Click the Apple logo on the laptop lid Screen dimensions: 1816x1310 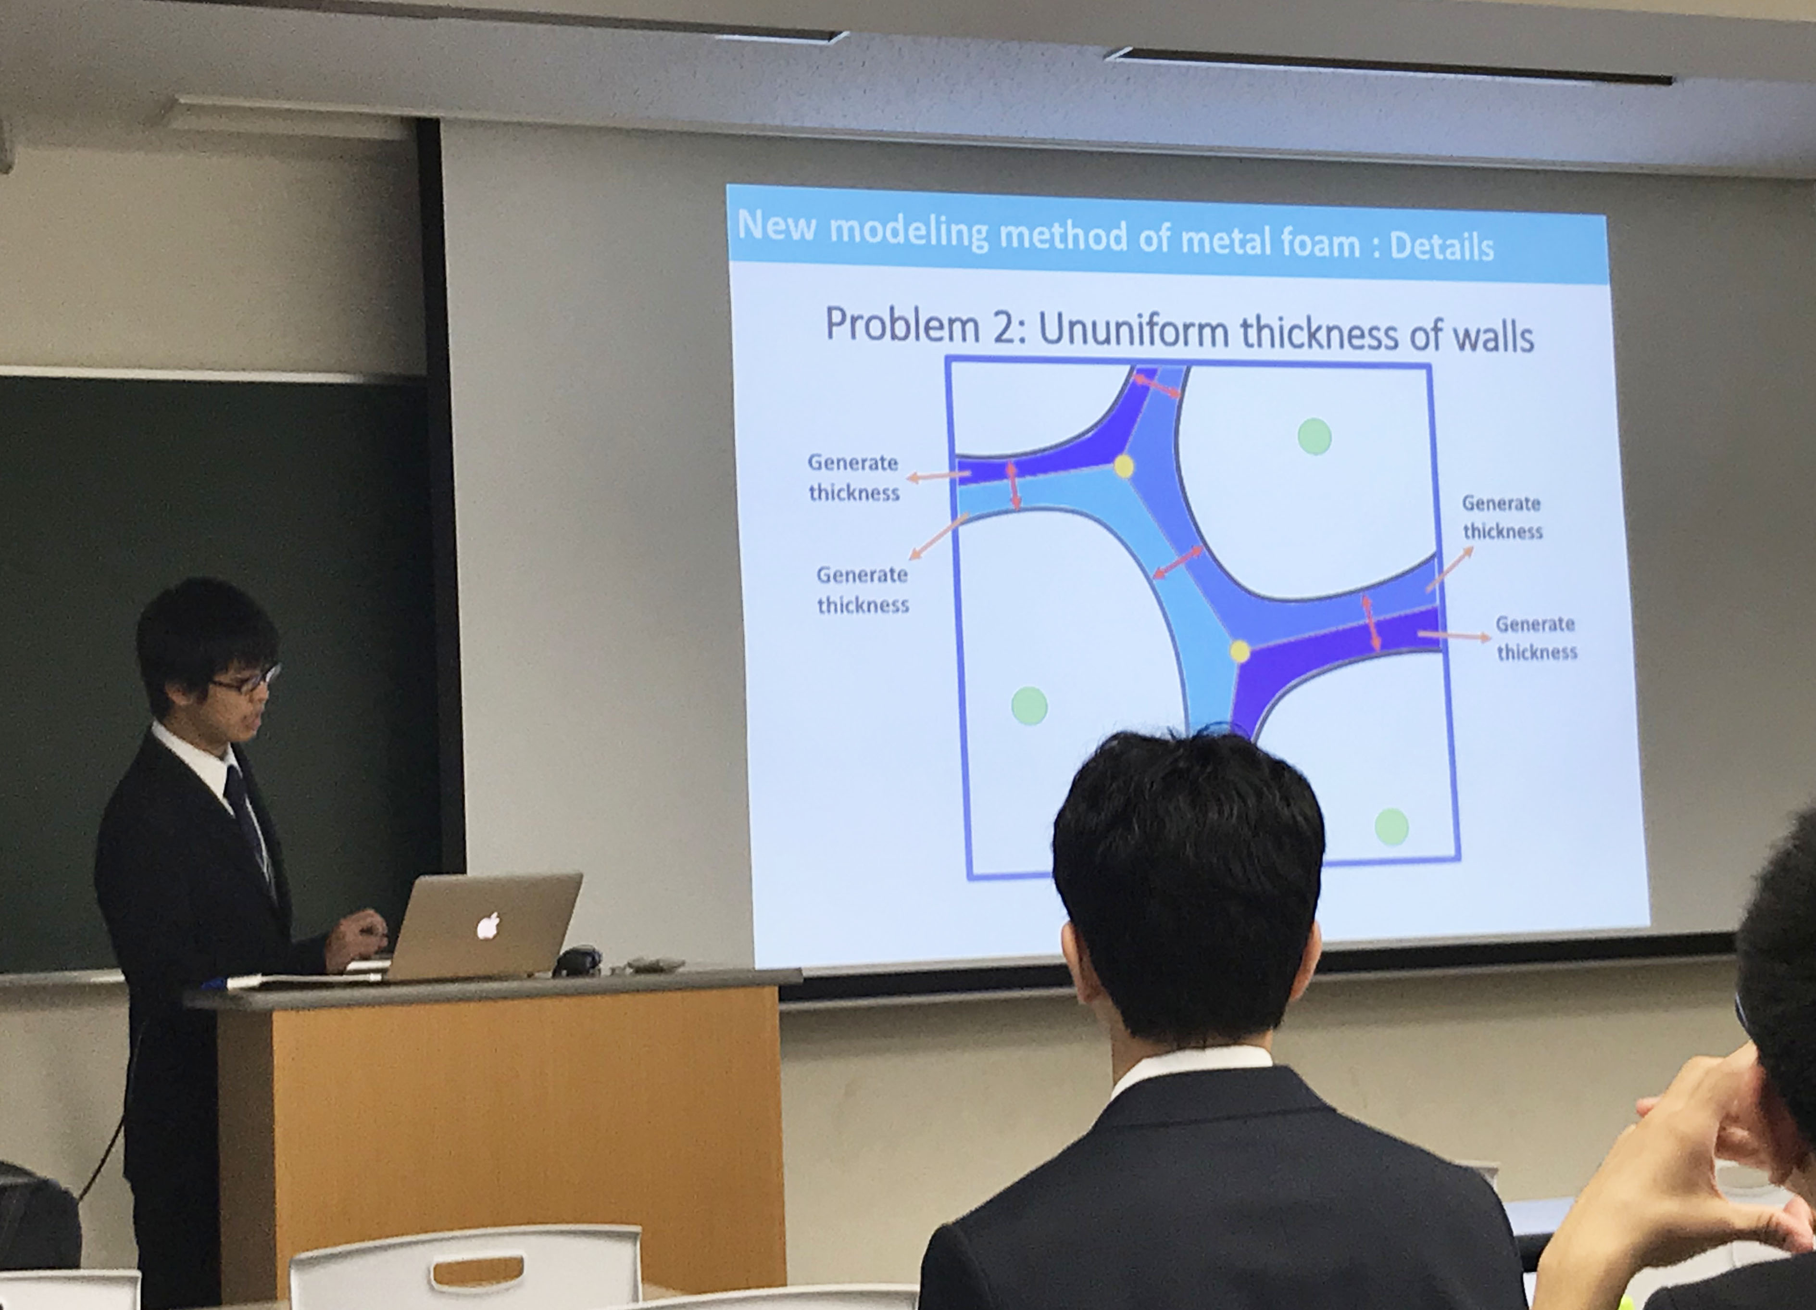point(488,926)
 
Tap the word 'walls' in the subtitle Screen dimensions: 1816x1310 point(1492,336)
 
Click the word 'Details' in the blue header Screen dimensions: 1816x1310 point(1441,246)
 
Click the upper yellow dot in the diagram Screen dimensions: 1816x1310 point(1123,466)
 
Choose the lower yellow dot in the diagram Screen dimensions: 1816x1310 point(1240,651)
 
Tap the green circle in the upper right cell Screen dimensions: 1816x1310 point(1314,436)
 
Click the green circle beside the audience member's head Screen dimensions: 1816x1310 point(1391,826)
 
